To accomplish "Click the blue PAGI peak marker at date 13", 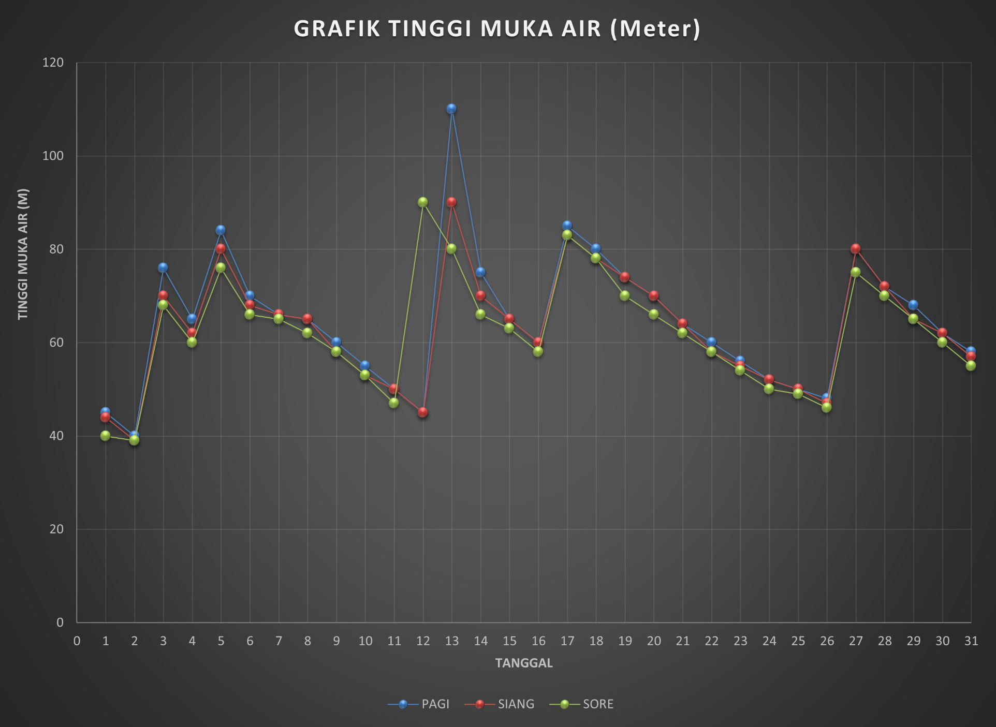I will [451, 109].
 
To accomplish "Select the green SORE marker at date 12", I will [423, 202].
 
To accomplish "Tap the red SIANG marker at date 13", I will [451, 202].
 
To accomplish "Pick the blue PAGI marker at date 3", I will [163, 268].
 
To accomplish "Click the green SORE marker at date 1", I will [106, 436].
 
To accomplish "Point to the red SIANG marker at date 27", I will [855, 249].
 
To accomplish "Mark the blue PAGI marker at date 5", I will [221, 230].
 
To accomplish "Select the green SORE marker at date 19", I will [625, 295].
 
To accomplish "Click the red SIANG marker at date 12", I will [423, 412].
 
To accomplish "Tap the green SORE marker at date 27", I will [856, 272].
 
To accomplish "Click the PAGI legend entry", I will [419, 704].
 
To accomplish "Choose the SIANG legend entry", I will [500, 704].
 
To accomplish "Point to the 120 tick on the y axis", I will [53, 63].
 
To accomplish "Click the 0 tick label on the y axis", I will [60, 622].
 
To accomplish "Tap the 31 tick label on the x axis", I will [971, 641].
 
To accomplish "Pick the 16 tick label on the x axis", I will [538, 641].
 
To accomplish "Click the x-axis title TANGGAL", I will [524, 663].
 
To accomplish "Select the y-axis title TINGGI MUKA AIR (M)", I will [23, 254].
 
